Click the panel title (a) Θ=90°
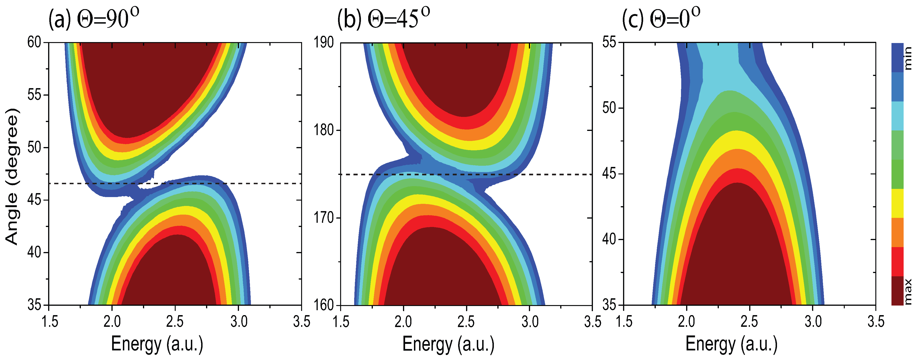(x=93, y=18)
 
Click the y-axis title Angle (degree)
(x=12, y=177)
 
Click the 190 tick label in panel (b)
(x=324, y=43)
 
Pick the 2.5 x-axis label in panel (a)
(x=175, y=322)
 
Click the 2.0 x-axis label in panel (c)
(x=686, y=322)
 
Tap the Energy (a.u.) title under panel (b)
(x=448, y=344)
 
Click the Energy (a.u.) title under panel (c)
(x=731, y=344)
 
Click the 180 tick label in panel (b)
(x=324, y=130)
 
